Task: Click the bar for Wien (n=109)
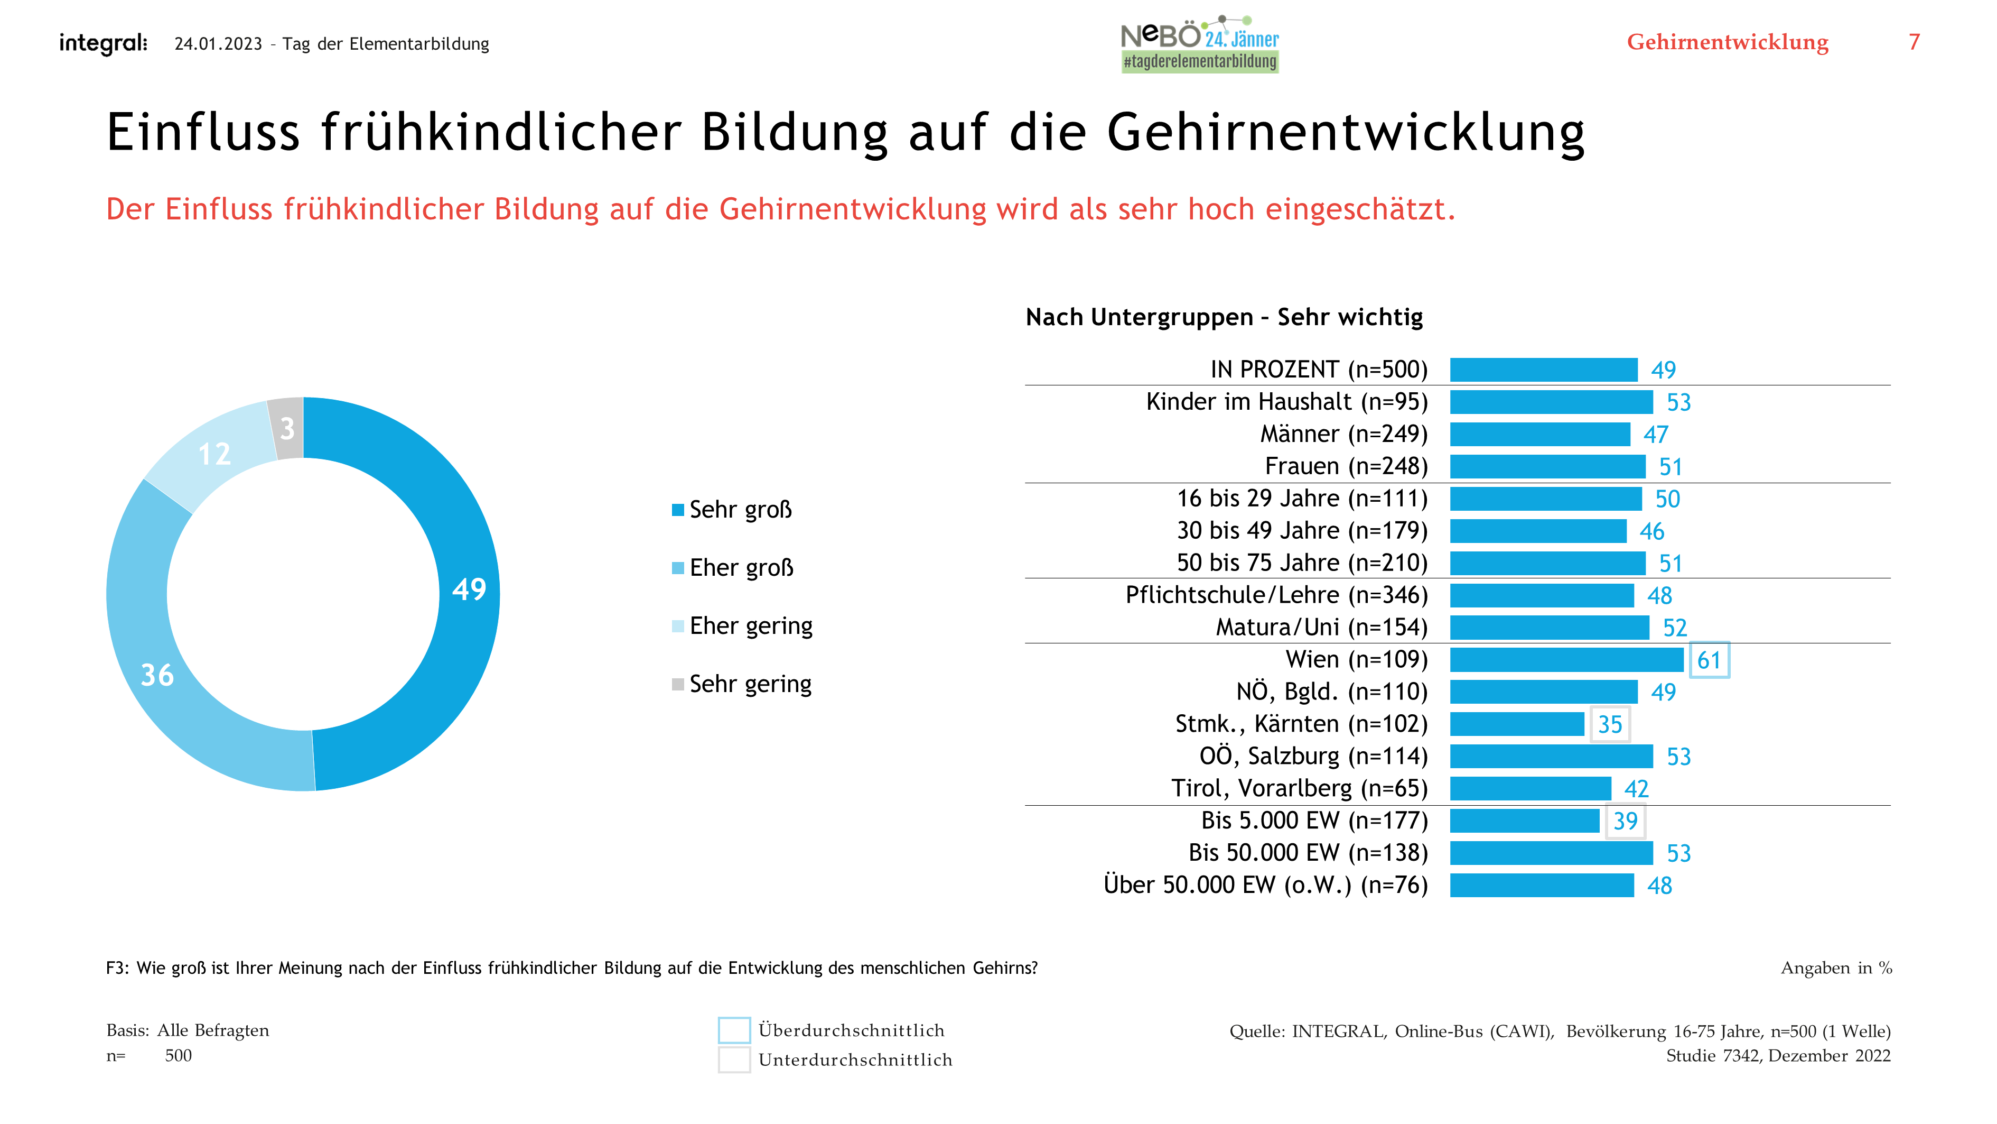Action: (1565, 659)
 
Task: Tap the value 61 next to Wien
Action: (1709, 660)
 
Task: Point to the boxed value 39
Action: (1625, 821)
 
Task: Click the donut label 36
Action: (157, 675)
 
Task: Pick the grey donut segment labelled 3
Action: (287, 428)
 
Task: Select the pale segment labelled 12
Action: (214, 454)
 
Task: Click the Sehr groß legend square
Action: (677, 510)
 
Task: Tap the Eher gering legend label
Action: (750, 626)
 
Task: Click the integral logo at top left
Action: (103, 43)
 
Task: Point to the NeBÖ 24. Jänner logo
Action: (1199, 44)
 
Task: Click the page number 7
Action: (1914, 42)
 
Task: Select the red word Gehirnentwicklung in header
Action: (1727, 42)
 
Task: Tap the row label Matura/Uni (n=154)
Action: (1321, 627)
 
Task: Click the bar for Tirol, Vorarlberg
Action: (1529, 788)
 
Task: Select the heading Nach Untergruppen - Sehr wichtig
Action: (1224, 317)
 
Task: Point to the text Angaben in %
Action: (1836, 968)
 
